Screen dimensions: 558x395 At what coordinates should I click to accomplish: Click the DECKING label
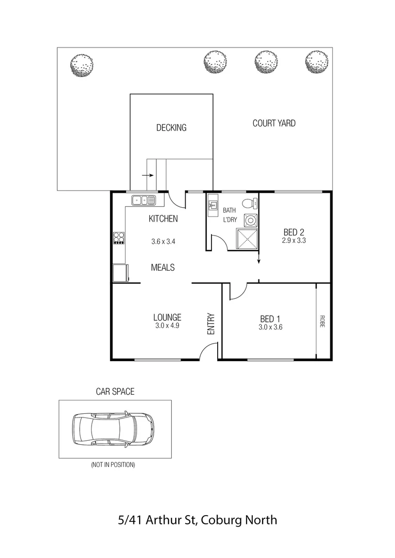pyautogui.click(x=171, y=128)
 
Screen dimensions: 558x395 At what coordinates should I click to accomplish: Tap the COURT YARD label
pyautogui.click(x=274, y=123)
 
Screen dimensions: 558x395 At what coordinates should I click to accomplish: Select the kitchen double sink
pyautogui.click(x=143, y=200)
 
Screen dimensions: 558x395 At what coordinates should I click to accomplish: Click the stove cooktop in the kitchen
pyautogui.click(x=119, y=238)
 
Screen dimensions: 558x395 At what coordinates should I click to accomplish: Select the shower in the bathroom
pyautogui.click(x=246, y=239)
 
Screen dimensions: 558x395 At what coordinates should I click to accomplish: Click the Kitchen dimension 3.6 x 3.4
pyautogui.click(x=163, y=241)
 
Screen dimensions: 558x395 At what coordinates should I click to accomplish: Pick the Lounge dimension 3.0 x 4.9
pyautogui.click(x=166, y=326)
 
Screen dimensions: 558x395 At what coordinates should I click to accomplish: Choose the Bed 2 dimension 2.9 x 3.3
pyautogui.click(x=294, y=240)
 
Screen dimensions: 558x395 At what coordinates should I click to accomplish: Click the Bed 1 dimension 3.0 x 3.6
pyautogui.click(x=270, y=327)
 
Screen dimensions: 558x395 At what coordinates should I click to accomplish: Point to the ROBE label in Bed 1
pyautogui.click(x=322, y=321)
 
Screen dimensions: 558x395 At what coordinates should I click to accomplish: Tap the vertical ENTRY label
pyautogui.click(x=211, y=324)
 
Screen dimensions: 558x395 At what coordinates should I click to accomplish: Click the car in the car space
pyautogui.click(x=113, y=428)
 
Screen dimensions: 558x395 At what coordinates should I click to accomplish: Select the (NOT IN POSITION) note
pyautogui.click(x=113, y=465)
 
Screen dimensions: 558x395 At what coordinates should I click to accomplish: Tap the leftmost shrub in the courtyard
pyautogui.click(x=82, y=65)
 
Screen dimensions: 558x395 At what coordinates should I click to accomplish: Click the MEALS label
pyautogui.click(x=162, y=267)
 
